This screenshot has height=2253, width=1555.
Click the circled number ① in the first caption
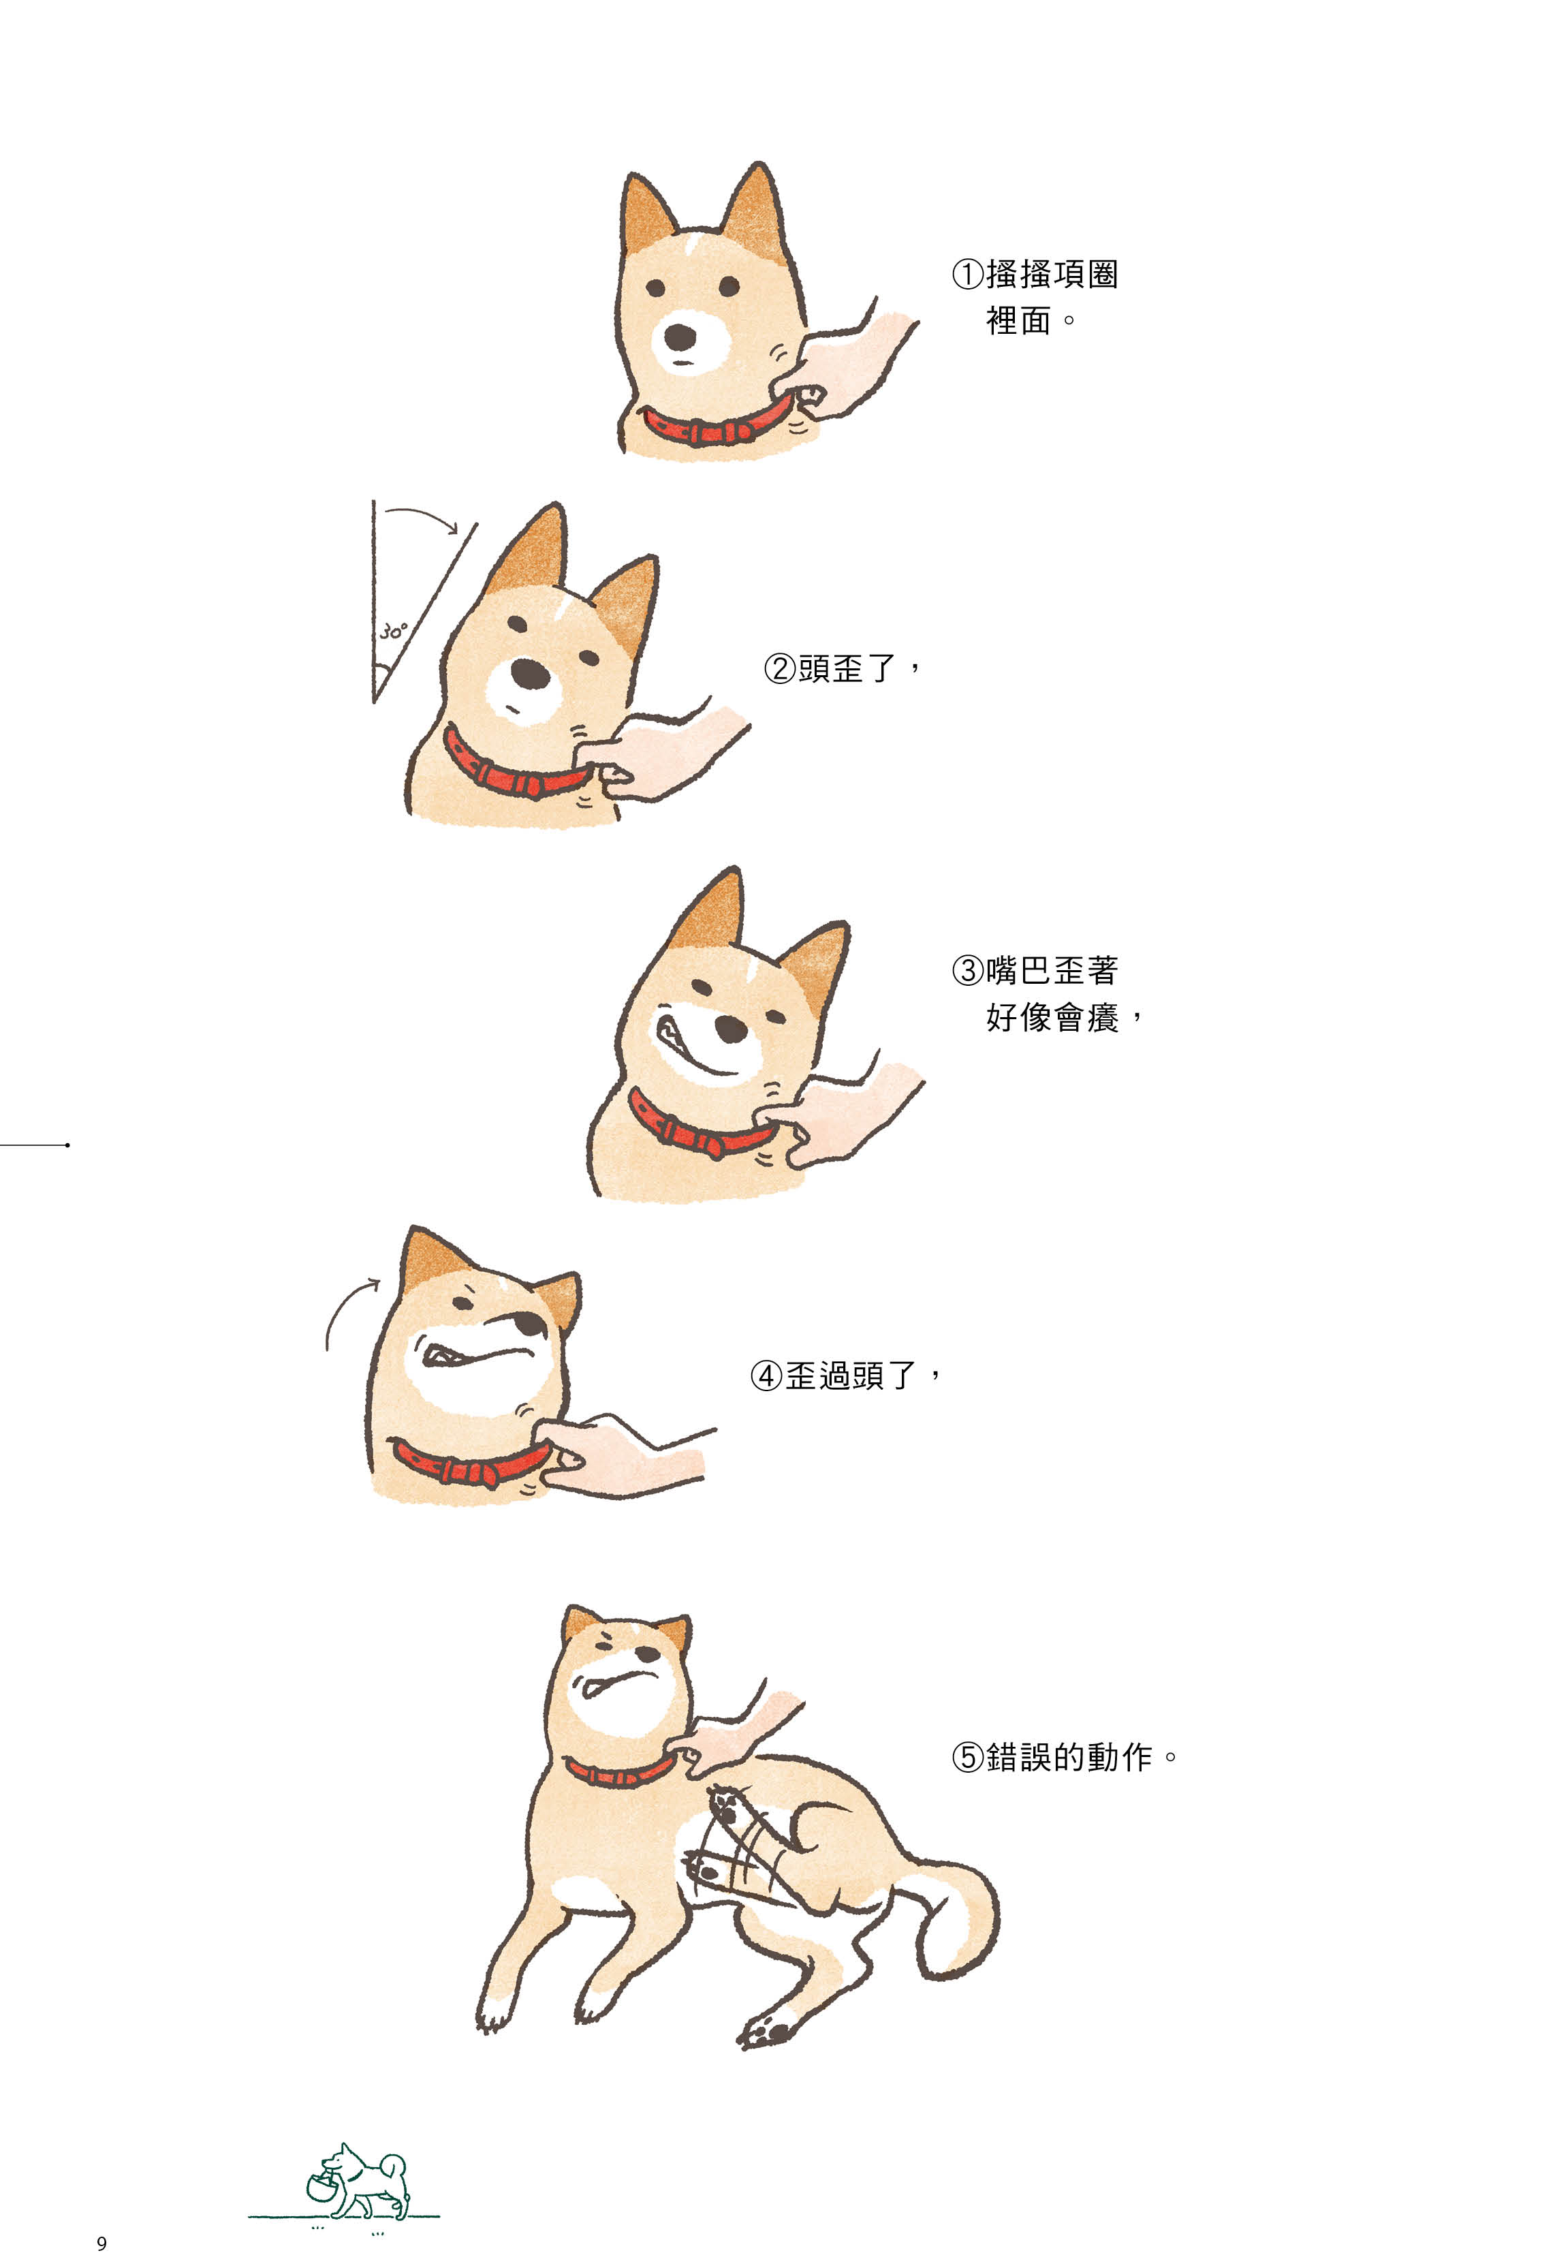pyautogui.click(x=967, y=275)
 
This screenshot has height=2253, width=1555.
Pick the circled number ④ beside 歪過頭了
pyautogui.click(x=767, y=1376)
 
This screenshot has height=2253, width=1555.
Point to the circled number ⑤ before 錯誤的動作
pyautogui.click(x=967, y=1757)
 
